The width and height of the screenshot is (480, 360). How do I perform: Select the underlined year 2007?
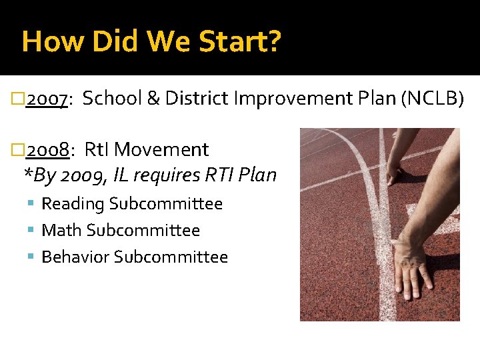45,99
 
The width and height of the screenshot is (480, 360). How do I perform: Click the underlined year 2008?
47,150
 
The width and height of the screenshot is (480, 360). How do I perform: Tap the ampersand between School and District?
152,99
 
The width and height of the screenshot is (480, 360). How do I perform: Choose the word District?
197,99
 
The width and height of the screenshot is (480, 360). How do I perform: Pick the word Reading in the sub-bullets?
73,204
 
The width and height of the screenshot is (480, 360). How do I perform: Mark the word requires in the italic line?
166,175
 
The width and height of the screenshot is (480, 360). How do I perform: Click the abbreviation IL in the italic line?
121,175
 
